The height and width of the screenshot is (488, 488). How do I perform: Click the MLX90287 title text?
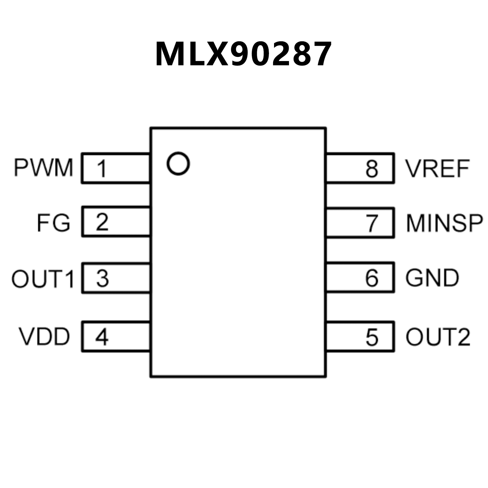[x=244, y=54]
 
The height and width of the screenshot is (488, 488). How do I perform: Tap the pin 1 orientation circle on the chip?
[x=178, y=164]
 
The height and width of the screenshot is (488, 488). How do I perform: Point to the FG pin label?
[x=53, y=223]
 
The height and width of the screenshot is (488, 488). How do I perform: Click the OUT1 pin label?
[x=43, y=279]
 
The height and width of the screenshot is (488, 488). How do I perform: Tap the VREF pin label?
[x=437, y=168]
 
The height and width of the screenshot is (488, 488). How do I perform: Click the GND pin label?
[x=432, y=278]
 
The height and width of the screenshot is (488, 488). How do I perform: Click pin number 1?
[x=102, y=168]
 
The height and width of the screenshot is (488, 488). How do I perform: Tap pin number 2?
[x=102, y=222]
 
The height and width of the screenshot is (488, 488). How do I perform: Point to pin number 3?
[x=102, y=278]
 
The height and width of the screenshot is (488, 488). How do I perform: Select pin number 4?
[x=102, y=337]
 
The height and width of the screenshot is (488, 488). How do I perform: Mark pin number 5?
[x=372, y=337]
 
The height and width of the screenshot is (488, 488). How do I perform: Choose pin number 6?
[x=372, y=278]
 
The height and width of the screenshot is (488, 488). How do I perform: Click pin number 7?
[x=372, y=223]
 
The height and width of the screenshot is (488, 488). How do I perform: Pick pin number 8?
[x=372, y=168]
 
